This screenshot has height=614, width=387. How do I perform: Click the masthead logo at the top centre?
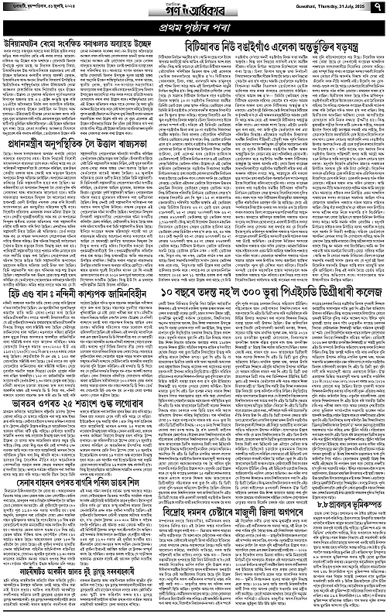[193, 11]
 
